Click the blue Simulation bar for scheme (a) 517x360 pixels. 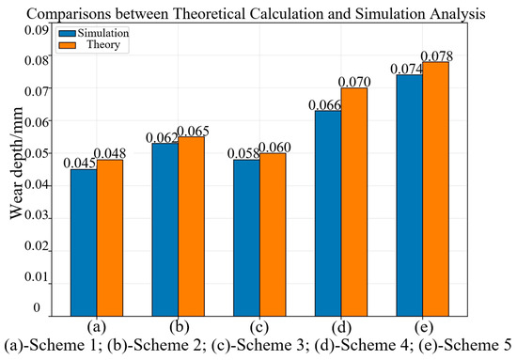pyautogui.click(x=84, y=243)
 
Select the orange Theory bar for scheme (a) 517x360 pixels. pyautogui.click(x=110, y=238)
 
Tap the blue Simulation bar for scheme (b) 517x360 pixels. pyautogui.click(x=165, y=229)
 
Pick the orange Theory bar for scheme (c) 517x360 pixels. pyautogui.click(x=273, y=235)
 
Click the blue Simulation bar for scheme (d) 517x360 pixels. pyautogui.click(x=328, y=213)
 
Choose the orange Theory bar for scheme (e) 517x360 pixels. pyautogui.click(x=436, y=189)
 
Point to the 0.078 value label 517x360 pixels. pyautogui.click(x=437, y=56)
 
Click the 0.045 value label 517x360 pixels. pyautogui.click(x=79, y=164)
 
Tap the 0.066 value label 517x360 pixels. pyautogui.click(x=325, y=105)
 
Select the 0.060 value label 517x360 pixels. pyautogui.click(x=274, y=148)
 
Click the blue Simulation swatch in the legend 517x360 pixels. pyautogui.click(x=68, y=33)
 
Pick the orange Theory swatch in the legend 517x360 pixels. pyautogui.click(x=68, y=45)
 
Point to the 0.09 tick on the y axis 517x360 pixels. pyautogui.click(x=37, y=30)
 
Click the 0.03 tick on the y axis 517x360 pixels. pyautogui.click(x=37, y=215)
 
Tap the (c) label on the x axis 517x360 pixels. pyautogui.click(x=259, y=327)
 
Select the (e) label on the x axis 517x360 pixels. pyautogui.click(x=424, y=327)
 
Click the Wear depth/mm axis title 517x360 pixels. pyautogui.click(x=16, y=163)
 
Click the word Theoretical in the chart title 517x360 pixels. pyautogui.click(x=209, y=14)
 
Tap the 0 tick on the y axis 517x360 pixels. pyautogui.click(x=37, y=308)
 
